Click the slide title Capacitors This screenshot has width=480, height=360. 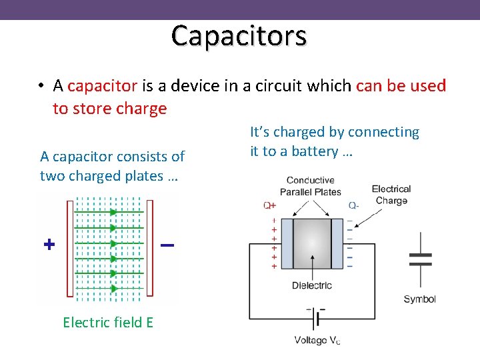pos(239,35)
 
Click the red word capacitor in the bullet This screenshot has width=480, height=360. pos(102,86)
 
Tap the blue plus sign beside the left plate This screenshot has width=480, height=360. pos(49,245)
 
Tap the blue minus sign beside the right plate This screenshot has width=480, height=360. pos(167,246)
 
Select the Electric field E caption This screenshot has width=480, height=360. pos(108,323)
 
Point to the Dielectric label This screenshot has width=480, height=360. pos(311,286)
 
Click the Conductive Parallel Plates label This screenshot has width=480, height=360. pos(310,186)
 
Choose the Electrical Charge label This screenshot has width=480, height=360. pos(391,195)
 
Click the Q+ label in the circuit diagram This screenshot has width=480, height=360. pos(269,205)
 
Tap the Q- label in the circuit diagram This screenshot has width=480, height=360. pos(353,205)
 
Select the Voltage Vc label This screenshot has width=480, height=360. pos(317,341)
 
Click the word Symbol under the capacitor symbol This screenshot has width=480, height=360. pos(419,299)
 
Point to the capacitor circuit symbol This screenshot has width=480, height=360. pos(420,259)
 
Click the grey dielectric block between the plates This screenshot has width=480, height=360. pos(312,244)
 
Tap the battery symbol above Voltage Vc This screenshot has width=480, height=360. pos(315,319)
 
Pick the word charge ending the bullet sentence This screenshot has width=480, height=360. pos(144,109)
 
